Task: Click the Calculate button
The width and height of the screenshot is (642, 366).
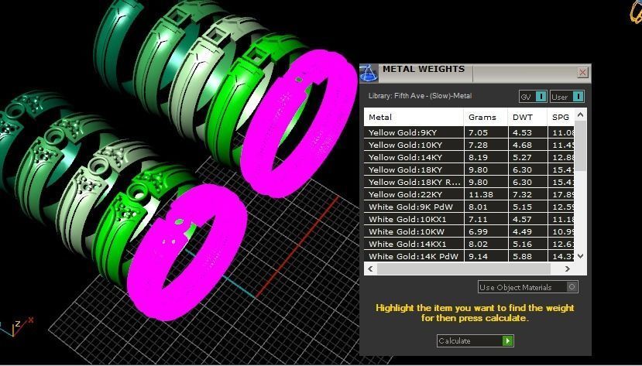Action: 475,340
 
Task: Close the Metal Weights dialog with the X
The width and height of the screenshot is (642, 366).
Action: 582,72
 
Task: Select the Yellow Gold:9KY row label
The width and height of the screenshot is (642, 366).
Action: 403,133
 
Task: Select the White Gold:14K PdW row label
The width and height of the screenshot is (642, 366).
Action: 414,256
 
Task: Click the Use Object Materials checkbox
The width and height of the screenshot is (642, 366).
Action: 572,287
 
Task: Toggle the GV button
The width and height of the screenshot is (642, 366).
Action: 533,97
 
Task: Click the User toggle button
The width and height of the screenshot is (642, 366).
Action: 567,97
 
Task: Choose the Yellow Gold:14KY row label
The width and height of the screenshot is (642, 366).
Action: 405,158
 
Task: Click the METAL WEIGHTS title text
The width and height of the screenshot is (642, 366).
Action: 424,70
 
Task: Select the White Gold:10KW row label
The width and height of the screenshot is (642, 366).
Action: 407,231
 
